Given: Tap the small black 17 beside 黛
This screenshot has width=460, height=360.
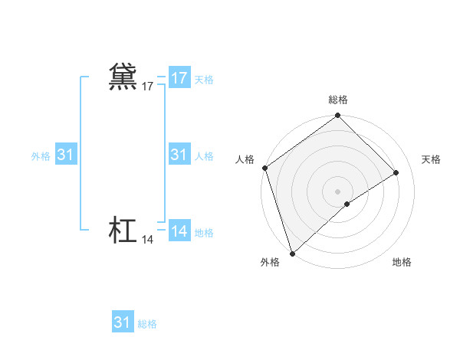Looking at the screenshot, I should click(x=148, y=87).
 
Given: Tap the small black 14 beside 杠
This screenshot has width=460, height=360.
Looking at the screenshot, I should click(x=148, y=240).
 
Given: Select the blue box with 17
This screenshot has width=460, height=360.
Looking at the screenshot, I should click(x=179, y=78).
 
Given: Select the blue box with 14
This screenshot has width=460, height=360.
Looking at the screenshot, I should click(x=179, y=231).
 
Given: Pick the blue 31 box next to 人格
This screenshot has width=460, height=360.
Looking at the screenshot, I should click(x=179, y=155).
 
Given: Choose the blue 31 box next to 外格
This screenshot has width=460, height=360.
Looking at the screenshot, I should click(x=66, y=155).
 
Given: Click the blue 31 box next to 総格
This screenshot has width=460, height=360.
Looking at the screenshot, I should click(x=123, y=322).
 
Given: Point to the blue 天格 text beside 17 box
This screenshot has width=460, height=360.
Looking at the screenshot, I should click(x=204, y=80).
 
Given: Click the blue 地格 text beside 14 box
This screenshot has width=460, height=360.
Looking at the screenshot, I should click(x=204, y=233).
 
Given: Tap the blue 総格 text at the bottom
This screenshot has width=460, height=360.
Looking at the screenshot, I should click(x=147, y=324).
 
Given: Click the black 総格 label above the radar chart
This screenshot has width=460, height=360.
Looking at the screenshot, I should click(x=338, y=100).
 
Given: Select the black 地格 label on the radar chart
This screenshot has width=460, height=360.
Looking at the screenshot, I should click(x=402, y=262).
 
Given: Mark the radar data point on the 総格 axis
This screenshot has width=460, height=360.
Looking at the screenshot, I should click(x=338, y=116).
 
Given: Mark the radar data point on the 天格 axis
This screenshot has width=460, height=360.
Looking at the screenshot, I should click(x=396, y=172).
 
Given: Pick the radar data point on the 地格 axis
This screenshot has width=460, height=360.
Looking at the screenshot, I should click(x=347, y=204).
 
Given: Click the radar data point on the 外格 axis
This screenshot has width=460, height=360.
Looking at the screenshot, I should click(x=292, y=254).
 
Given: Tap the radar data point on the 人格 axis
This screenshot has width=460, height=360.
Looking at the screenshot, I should click(x=264, y=168).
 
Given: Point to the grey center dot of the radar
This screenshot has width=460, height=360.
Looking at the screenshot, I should click(x=338, y=191).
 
